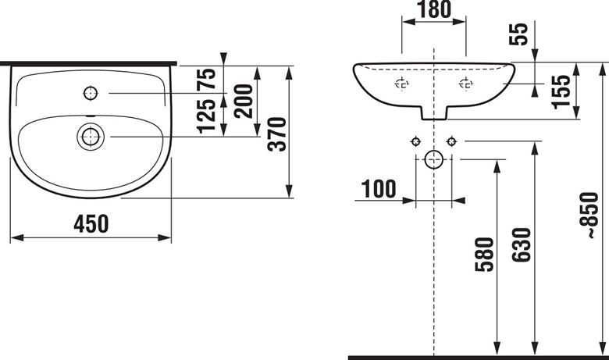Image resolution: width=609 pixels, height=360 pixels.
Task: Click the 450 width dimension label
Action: [91, 224]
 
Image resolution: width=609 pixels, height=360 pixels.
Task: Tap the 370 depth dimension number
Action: [277, 134]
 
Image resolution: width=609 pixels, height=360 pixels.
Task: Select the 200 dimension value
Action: [244, 101]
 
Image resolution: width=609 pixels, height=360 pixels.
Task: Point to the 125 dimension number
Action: [206, 116]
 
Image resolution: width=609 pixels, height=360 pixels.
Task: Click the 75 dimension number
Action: [206, 80]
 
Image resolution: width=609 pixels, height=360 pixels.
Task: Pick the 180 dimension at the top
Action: [434, 9]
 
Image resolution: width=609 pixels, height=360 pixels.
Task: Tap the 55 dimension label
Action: [519, 34]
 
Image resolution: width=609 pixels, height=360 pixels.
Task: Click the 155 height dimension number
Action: [561, 91]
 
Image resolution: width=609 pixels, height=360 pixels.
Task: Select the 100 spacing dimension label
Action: [379, 189]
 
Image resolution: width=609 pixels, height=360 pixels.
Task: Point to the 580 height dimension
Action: [484, 255]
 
